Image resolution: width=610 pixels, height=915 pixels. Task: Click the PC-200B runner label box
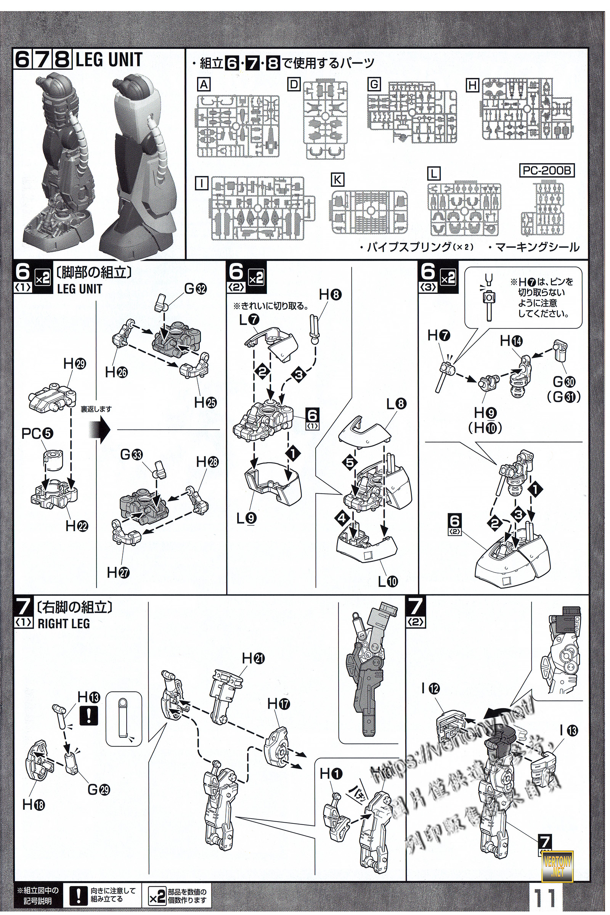point(547,171)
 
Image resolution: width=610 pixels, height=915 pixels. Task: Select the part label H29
point(74,364)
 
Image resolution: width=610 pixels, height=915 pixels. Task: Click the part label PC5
point(37,433)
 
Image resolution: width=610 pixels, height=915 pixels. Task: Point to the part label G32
point(196,289)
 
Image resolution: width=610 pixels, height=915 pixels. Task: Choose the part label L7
point(249,320)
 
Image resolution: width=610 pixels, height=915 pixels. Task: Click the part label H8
point(330,295)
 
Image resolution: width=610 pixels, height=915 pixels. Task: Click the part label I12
point(430,689)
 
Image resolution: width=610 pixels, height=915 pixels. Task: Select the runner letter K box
point(338,180)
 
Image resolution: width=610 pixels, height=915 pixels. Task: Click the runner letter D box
point(294,84)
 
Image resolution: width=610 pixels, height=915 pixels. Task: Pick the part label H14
point(511,341)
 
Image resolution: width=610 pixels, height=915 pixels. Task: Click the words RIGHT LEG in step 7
point(64,624)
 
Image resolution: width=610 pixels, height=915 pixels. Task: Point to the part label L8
point(396,404)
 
